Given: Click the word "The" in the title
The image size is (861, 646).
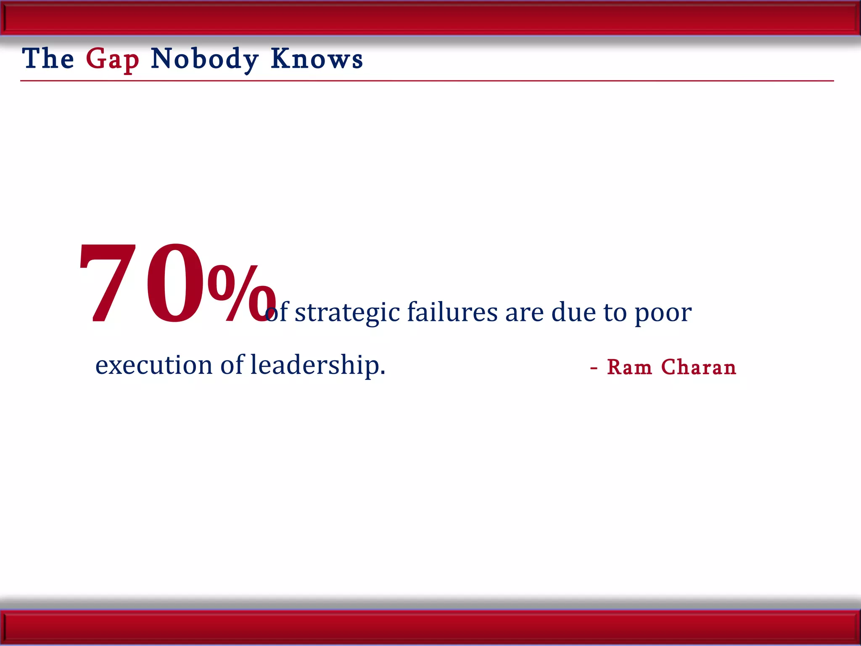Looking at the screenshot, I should [x=48, y=58].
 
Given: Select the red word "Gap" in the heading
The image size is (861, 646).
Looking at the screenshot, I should [x=112, y=59].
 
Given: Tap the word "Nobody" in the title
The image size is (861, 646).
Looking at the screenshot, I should [x=204, y=59].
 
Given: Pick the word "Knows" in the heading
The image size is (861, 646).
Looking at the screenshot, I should [x=317, y=58].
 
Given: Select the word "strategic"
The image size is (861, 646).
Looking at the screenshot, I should [x=347, y=313].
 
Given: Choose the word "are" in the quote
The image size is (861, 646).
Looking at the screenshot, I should [x=524, y=313].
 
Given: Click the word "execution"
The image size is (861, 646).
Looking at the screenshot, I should [x=154, y=365].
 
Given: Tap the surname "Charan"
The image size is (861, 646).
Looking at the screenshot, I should [x=699, y=367].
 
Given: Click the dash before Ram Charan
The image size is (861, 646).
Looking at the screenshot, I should [x=594, y=369].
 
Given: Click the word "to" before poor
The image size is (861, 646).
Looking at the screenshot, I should [x=615, y=313].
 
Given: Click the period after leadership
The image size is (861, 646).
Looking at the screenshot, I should [x=383, y=373].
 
